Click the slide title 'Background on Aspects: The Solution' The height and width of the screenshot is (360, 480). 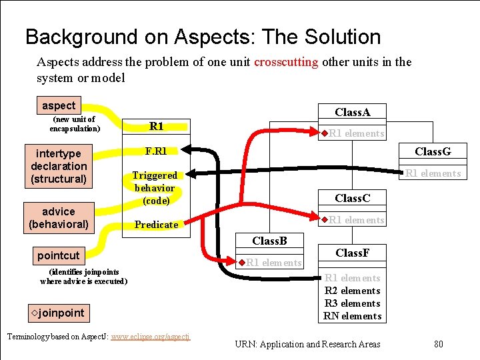point(203,37)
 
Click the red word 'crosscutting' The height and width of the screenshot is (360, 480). point(286,62)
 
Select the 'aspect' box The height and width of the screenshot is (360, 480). point(59,105)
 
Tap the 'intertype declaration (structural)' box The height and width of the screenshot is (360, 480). point(59,166)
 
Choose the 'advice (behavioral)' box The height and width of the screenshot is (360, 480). point(59,218)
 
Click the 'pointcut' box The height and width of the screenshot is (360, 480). point(59,255)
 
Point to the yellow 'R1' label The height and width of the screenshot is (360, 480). point(157,126)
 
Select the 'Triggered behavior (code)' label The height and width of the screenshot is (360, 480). point(155,187)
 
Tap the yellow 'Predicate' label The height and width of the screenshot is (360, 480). point(157,225)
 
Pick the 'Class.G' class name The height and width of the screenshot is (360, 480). point(433,151)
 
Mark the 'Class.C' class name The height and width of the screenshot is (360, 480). point(353,198)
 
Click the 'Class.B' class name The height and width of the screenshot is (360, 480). point(270,240)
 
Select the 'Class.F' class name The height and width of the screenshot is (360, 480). point(353,253)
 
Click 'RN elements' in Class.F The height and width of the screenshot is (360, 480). point(353,316)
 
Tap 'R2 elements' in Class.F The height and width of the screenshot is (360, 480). point(353,291)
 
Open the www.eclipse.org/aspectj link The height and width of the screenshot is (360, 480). point(151,337)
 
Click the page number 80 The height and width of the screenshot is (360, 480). point(438,344)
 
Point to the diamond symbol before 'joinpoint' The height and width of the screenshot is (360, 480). point(35,313)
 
